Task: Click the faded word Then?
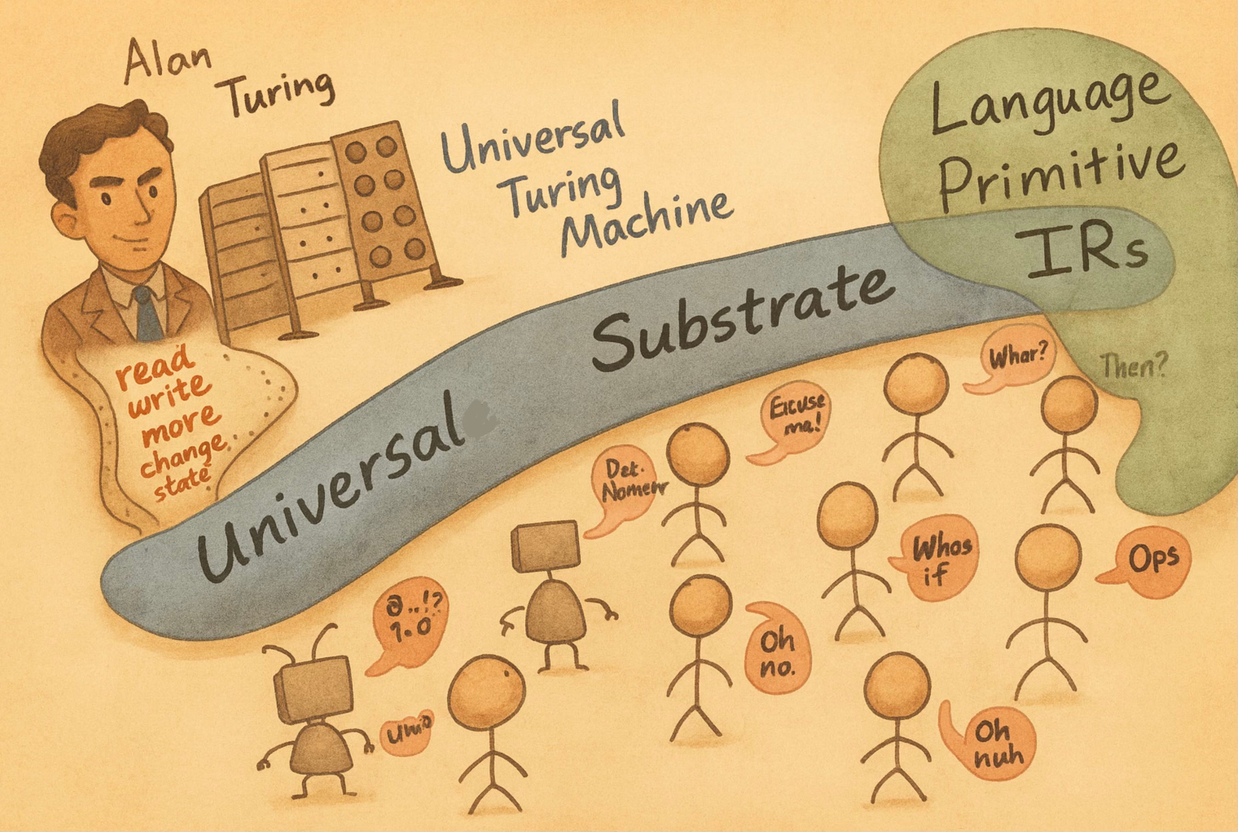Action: [1133, 366]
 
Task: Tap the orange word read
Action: [154, 366]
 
